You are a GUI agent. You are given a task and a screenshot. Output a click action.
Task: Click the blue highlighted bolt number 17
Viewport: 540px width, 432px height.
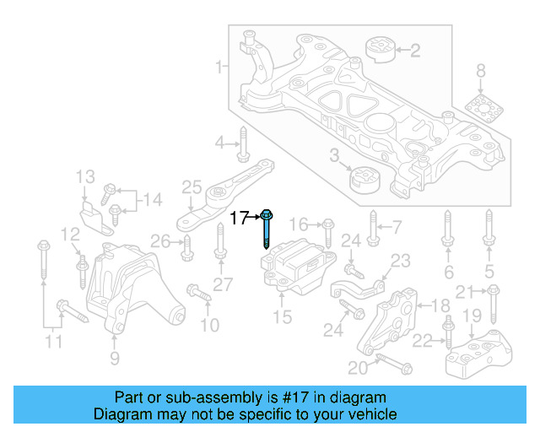267,229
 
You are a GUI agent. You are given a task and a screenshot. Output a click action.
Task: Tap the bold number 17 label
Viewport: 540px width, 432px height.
240,219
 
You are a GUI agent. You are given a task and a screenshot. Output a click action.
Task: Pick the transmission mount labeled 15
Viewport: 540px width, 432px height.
294,270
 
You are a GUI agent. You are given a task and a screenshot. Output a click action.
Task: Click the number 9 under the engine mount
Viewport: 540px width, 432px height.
115,358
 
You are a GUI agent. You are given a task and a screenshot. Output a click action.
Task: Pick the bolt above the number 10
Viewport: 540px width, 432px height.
201,294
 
